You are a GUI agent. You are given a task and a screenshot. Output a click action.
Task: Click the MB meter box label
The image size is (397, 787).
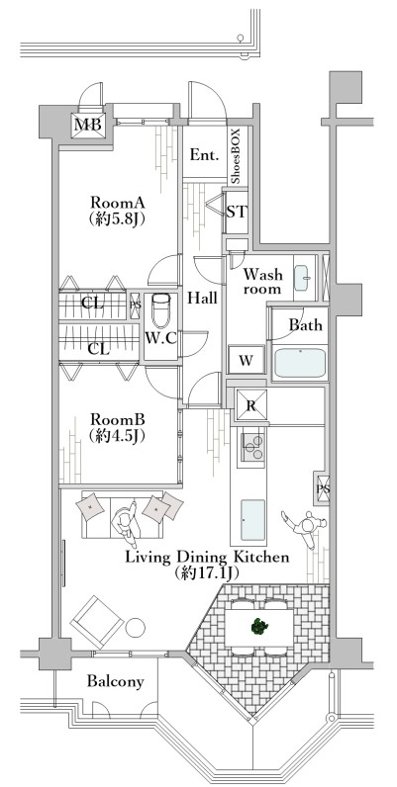pyautogui.click(x=88, y=125)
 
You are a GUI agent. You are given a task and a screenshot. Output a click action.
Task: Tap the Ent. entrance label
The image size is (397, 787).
pyautogui.click(x=205, y=154)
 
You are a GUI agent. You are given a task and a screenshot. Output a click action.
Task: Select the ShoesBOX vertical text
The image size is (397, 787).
pyautogui.click(x=237, y=156)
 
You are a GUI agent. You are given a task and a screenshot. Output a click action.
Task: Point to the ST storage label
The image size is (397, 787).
pyautogui.click(x=237, y=212)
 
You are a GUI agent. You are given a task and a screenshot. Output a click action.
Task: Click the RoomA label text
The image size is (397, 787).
pyautogui.click(x=118, y=203)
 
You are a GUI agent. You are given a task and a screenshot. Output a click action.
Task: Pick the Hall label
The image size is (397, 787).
pyautogui.click(x=203, y=298)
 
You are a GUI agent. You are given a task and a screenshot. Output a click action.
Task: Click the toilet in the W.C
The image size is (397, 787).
pyautogui.click(x=161, y=309)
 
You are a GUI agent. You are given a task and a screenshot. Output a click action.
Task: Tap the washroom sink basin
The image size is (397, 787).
pyautogui.click(x=303, y=278)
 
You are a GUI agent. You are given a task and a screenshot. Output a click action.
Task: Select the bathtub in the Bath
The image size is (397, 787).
pyautogui.click(x=301, y=363)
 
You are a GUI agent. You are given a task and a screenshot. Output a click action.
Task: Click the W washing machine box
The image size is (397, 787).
pyautogui.click(x=246, y=360)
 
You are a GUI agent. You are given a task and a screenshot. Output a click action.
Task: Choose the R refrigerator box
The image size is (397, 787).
pyautogui.click(x=251, y=406)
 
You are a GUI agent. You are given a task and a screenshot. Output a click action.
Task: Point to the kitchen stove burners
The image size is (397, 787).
pyautogui.click(x=251, y=446)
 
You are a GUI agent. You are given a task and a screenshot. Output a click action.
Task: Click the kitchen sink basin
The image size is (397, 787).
pyautogui.click(x=252, y=519)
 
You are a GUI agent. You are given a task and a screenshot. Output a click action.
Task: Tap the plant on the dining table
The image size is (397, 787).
pyautogui.click(x=259, y=627)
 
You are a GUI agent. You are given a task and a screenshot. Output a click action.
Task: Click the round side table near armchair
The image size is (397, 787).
pyautogui.click(x=136, y=627)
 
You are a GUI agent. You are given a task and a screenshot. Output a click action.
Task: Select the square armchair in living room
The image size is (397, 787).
pyautogui.click(x=96, y=621)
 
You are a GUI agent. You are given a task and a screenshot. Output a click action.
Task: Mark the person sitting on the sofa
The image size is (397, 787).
pyautogui.click(x=125, y=523)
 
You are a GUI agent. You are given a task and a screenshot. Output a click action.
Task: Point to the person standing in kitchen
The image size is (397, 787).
pyautogui.click(x=305, y=527)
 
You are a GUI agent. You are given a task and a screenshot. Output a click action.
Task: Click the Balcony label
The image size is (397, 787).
pyautogui.click(x=116, y=681)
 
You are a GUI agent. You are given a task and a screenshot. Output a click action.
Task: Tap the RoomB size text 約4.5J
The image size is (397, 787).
pyautogui.click(x=118, y=436)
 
